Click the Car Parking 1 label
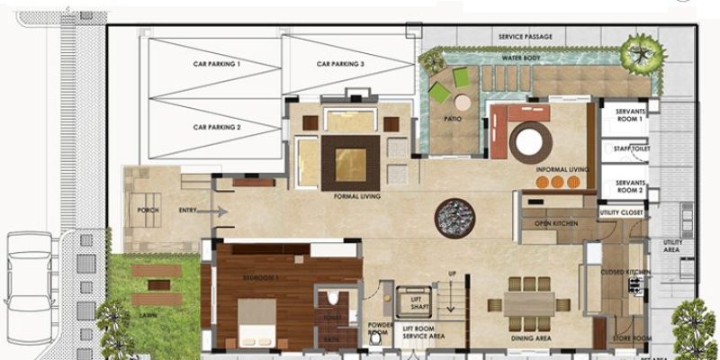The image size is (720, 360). [x=217, y=65]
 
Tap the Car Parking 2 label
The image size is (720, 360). [x=217, y=128]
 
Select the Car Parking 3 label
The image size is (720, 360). [x=340, y=65]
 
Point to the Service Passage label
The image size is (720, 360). [x=526, y=37]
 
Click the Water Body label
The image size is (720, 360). [x=521, y=57]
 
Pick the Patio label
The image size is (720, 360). [x=453, y=118]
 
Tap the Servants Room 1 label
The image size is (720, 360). [x=629, y=114]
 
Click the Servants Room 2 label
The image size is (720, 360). [x=629, y=186]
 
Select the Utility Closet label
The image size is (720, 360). [x=622, y=213]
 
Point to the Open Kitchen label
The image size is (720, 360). [x=556, y=223]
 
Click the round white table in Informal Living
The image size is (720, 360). [x=530, y=141]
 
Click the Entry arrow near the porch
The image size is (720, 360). [x=213, y=211]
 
